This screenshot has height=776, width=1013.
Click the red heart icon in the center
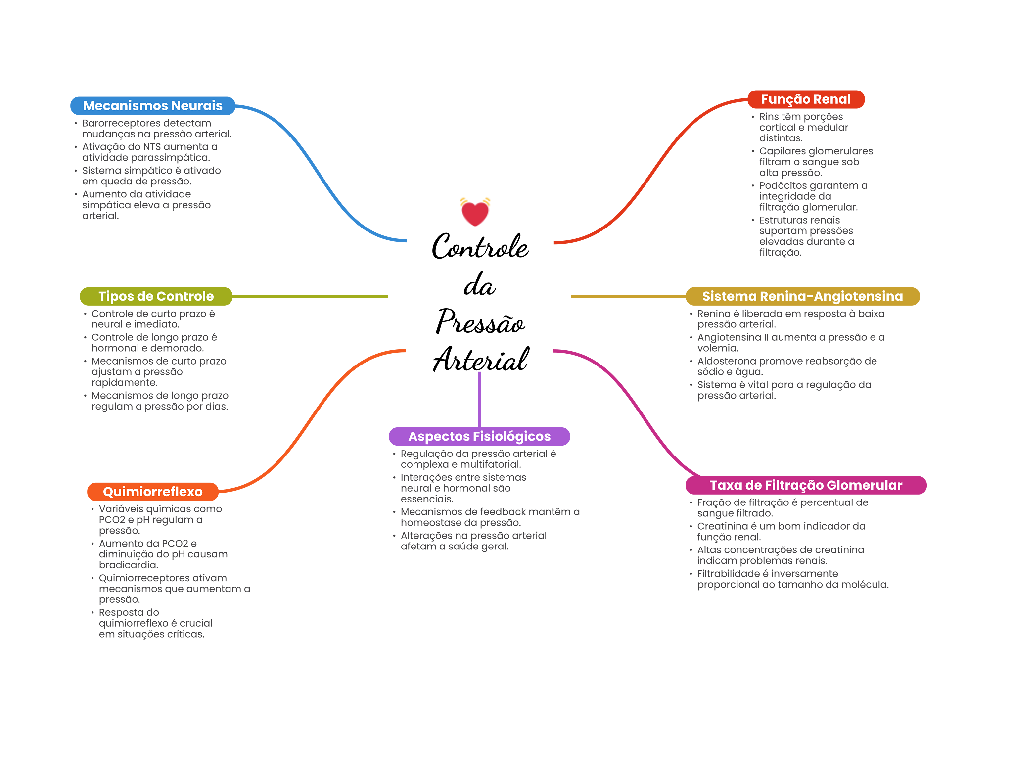pyautogui.click(x=475, y=212)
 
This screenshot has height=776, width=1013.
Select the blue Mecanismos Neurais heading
pyautogui.click(x=153, y=106)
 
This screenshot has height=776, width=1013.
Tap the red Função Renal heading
pyautogui.click(x=806, y=99)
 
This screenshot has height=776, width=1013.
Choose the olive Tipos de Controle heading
pyautogui.click(x=156, y=296)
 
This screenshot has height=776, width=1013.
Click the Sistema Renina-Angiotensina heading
pyautogui.click(x=802, y=296)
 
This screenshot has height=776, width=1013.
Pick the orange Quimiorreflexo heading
pyautogui.click(x=153, y=492)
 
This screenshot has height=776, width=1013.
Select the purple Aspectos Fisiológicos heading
pyautogui.click(x=479, y=436)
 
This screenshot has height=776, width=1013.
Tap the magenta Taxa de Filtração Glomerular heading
pyautogui.click(x=806, y=485)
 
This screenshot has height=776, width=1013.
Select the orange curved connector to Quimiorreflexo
pyautogui.click(x=312, y=420)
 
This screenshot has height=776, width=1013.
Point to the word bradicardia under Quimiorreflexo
pyautogui.click(x=128, y=565)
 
